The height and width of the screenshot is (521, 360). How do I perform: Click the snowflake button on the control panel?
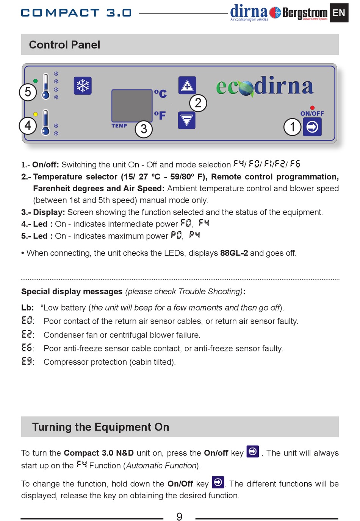tap(83, 86)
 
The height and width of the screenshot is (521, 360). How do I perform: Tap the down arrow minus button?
tap(187, 120)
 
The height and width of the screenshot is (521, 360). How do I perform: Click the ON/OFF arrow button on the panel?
tap(313, 127)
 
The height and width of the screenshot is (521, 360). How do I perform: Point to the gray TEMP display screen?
tap(131, 106)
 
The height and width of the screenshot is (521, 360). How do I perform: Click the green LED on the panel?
tap(35, 81)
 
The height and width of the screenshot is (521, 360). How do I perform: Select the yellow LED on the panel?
tap(35, 114)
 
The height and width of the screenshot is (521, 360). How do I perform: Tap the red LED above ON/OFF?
tap(312, 108)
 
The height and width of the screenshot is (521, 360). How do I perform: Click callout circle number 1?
tap(293, 127)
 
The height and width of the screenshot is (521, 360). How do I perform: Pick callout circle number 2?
tap(198, 103)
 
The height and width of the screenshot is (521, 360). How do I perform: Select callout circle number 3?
tap(144, 129)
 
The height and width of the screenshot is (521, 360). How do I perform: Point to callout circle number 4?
tap(28, 125)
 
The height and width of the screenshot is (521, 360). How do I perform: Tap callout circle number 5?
tap(28, 92)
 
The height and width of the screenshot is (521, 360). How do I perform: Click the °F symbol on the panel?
tap(160, 115)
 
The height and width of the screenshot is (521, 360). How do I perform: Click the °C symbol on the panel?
tap(160, 93)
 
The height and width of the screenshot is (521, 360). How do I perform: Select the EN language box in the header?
tap(339, 13)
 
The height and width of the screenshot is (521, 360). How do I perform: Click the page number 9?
tap(179, 516)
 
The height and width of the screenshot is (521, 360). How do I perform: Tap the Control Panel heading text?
tap(64, 45)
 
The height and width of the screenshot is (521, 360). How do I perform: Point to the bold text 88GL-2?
tap(234, 253)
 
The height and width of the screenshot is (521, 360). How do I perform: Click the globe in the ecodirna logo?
tap(246, 88)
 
